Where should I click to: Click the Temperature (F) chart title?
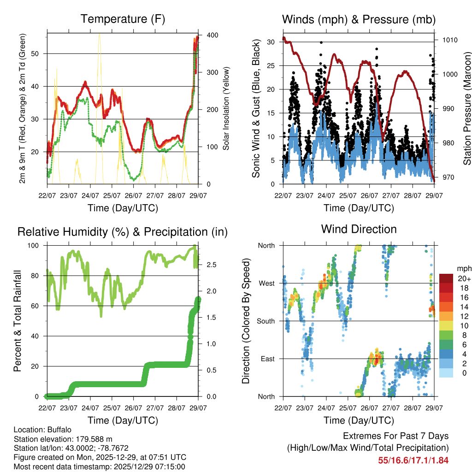tap(123, 19)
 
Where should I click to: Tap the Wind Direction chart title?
tap(359, 229)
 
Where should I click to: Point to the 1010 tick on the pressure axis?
tap(449, 40)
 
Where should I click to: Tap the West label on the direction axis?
tap(266, 283)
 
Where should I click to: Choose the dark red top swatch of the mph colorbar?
tap(447, 278)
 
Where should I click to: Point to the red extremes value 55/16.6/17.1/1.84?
tap(413, 460)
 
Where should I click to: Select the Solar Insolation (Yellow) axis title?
tap(226, 109)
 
